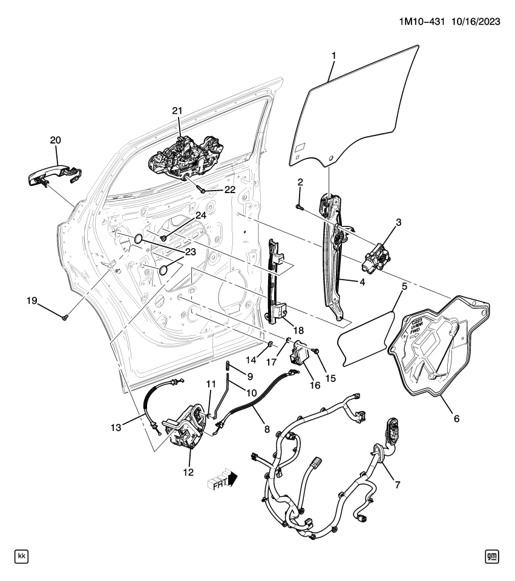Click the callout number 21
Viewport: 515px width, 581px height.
177,110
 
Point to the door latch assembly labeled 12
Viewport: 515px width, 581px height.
185,430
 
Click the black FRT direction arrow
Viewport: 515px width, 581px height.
232,480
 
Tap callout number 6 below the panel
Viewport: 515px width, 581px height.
456,418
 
